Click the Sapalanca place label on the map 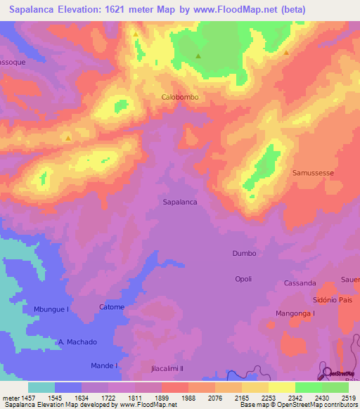(x=179, y=201)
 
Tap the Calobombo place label (x=184, y=98)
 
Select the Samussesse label (x=312, y=172)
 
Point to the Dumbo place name (x=244, y=253)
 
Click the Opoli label (x=243, y=279)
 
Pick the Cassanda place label (x=300, y=283)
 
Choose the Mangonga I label (x=295, y=313)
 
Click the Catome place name (x=112, y=307)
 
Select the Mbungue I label (x=51, y=309)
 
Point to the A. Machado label (x=77, y=342)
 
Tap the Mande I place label (x=104, y=366)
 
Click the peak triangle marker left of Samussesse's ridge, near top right (x=286, y=53)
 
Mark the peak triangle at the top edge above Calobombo (x=135, y=33)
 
